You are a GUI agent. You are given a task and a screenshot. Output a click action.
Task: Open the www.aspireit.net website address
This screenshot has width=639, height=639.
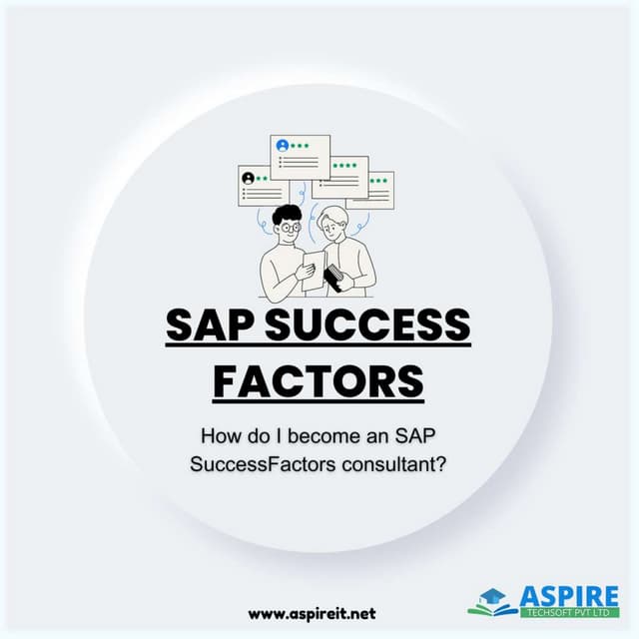(312, 612)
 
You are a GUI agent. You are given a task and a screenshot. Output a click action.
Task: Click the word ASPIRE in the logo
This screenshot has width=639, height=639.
(570, 597)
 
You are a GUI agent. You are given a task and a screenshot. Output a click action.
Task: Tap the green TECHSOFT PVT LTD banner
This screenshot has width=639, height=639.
(570, 613)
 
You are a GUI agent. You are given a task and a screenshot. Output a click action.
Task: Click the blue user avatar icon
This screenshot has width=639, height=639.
(284, 146)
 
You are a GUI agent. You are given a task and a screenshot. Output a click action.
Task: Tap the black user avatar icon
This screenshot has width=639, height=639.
(248, 179)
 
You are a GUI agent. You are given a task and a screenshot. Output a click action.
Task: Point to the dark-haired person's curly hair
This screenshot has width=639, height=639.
(286, 214)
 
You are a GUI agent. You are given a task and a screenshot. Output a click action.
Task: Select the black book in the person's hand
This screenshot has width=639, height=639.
(335, 279)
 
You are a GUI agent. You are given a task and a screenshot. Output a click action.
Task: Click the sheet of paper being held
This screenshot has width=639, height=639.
(313, 270)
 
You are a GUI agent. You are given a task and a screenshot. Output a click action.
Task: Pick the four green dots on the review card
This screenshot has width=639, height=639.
(345, 165)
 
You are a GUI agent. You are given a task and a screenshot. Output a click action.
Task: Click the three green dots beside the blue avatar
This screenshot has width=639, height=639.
(301, 146)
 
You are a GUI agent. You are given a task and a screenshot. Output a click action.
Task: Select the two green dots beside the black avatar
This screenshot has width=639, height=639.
(262, 179)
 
